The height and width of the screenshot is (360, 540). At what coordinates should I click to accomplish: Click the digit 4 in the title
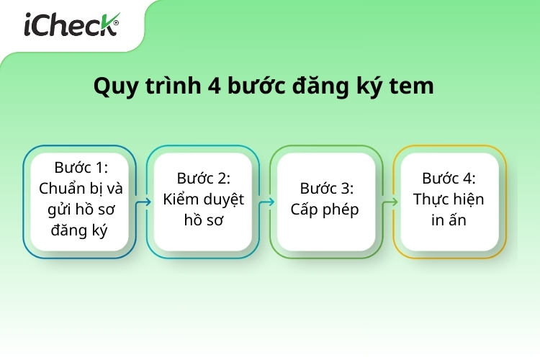(x=215, y=86)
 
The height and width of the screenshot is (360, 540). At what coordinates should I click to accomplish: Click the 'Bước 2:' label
(x=203, y=179)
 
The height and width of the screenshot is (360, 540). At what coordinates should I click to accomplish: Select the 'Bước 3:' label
(x=326, y=189)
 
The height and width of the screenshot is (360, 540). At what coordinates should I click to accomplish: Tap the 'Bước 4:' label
(x=449, y=179)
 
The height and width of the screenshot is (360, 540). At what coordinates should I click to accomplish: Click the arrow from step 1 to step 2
(x=143, y=202)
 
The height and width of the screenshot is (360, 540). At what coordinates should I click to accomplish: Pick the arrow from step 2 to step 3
(x=266, y=202)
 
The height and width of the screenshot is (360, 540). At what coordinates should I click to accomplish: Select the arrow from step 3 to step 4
(x=390, y=202)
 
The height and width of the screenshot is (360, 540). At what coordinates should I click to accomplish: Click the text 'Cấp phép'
(x=325, y=210)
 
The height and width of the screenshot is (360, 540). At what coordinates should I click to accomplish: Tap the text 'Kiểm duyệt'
(x=203, y=199)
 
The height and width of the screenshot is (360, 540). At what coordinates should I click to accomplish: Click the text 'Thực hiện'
(x=449, y=199)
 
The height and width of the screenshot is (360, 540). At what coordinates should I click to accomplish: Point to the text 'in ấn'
(x=449, y=220)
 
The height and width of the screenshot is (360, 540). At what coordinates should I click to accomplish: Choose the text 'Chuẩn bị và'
(x=81, y=189)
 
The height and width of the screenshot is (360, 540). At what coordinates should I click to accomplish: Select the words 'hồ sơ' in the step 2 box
(x=203, y=220)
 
